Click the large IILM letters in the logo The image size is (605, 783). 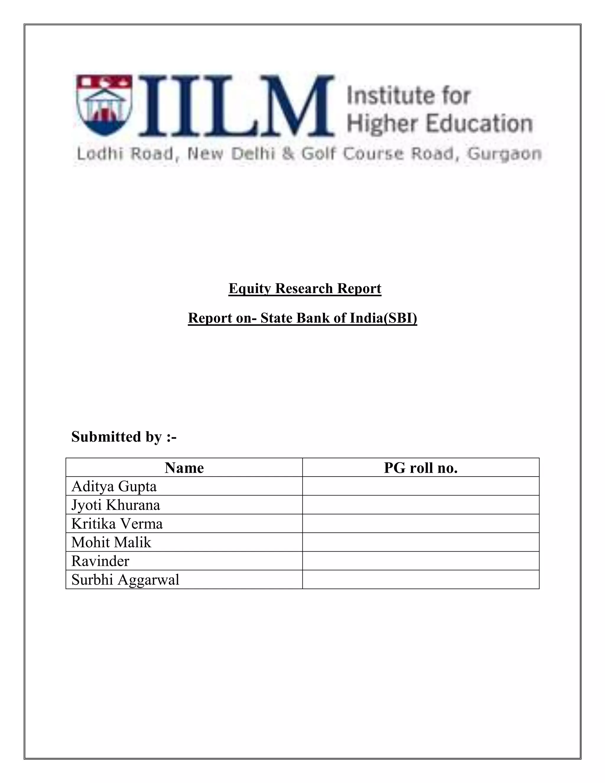[237, 106]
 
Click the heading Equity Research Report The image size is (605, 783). [305, 289]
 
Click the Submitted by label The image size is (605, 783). [124, 437]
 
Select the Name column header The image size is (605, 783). [184, 467]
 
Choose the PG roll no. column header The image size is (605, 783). [420, 467]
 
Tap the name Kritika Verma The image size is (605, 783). [117, 524]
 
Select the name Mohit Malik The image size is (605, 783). [111, 542]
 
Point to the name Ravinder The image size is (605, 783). [100, 561]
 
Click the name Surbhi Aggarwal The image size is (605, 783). [125, 580]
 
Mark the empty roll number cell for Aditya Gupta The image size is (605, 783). [420, 486]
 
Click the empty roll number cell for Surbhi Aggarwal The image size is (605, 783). [420, 579]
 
